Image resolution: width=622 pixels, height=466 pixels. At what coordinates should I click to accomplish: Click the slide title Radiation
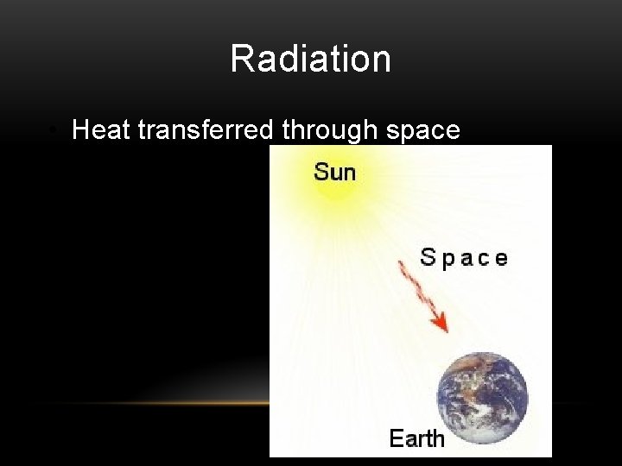310,59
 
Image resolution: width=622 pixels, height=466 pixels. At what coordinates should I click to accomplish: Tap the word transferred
204,129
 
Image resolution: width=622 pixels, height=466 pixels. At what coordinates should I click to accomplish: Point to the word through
321,130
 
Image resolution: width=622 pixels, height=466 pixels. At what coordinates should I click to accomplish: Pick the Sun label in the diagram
334,172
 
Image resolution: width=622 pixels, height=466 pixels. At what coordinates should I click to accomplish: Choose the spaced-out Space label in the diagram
463,257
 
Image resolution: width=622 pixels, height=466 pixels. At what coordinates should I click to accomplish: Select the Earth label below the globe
416,438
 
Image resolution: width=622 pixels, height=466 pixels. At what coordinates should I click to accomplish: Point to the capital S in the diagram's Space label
428,256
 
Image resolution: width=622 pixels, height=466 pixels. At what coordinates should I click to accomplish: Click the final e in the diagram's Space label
500,259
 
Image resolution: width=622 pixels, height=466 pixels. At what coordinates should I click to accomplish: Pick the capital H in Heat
81,129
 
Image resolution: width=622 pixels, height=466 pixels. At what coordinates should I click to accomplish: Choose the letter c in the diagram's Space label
482,259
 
